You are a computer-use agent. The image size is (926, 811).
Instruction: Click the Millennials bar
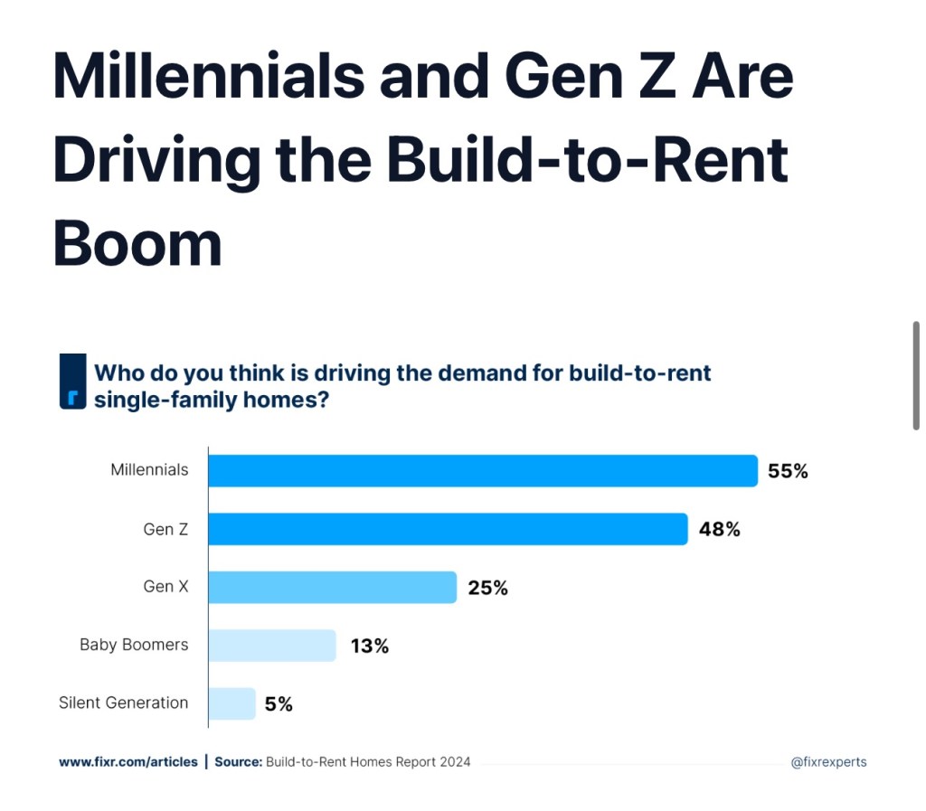click(x=483, y=471)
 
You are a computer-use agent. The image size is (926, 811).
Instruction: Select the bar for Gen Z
click(x=448, y=529)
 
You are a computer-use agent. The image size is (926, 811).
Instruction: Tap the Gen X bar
click(x=332, y=587)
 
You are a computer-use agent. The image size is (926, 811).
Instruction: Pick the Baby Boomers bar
click(x=272, y=646)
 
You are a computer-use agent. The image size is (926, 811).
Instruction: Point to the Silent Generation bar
click(x=232, y=703)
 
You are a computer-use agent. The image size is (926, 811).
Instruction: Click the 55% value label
click(x=788, y=471)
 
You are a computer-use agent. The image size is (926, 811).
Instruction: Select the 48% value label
click(x=719, y=530)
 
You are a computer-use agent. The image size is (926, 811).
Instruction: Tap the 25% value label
click(x=487, y=588)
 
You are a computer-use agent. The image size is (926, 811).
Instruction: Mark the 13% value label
click(x=368, y=646)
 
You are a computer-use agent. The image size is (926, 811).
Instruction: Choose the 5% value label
click(x=279, y=704)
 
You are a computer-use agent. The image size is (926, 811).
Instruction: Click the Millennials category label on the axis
click(x=149, y=470)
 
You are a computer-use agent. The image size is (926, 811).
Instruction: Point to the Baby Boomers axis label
click(x=134, y=645)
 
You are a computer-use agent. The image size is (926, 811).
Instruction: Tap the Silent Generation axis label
click(x=123, y=703)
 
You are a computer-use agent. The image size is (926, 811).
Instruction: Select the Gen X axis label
click(x=165, y=587)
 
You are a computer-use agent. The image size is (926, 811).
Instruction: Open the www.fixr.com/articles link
click(x=128, y=762)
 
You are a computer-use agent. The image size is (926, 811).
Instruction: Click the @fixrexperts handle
click(x=828, y=762)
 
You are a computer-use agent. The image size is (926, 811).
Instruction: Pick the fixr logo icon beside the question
click(x=72, y=382)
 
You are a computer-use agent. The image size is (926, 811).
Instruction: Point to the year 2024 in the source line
click(x=455, y=762)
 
